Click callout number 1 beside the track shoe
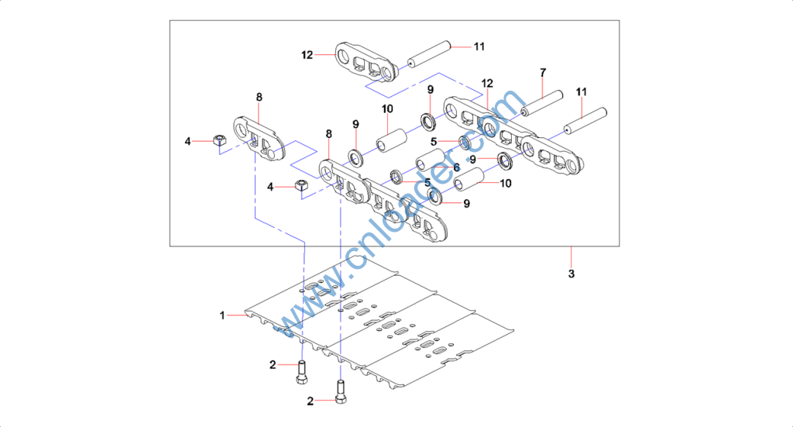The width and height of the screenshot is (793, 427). pos(221,315)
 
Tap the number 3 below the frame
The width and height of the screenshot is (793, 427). pos(572,274)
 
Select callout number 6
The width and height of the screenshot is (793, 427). pos(457,167)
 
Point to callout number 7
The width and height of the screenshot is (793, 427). pos(543,72)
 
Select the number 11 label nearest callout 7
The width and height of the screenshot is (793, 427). pos(582,92)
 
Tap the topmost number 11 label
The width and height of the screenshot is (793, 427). pos(479,46)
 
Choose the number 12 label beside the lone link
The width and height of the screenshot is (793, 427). pos(307,55)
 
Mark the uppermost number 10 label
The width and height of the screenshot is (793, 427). pos(387,108)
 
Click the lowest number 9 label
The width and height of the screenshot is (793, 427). pos(467,204)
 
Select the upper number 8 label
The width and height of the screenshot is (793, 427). pos(259,97)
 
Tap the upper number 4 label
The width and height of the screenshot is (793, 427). pos(187,141)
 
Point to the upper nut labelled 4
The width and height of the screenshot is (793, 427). pos(219,140)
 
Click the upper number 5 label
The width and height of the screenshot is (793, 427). pos(434,141)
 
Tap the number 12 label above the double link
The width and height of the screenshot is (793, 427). pos(487,83)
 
